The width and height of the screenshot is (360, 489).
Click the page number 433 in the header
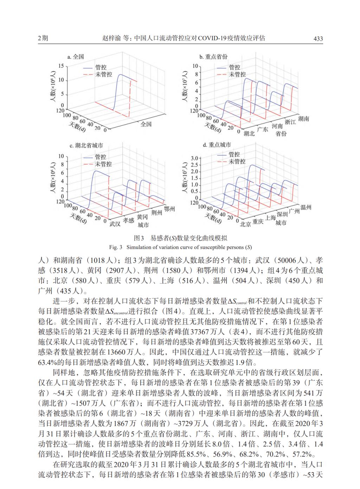(x=318, y=39)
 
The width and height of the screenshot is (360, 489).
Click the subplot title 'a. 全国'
(x=76, y=57)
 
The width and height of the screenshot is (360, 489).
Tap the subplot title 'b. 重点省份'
(x=213, y=57)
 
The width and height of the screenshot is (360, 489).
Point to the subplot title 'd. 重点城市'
(x=217, y=145)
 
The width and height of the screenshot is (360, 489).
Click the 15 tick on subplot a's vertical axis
(x=61, y=66)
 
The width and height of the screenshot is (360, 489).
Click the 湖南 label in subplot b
(x=303, y=119)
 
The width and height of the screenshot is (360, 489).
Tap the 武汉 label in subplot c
(x=115, y=224)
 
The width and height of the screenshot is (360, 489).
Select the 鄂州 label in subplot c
(x=169, y=209)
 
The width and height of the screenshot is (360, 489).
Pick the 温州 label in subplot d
(x=306, y=207)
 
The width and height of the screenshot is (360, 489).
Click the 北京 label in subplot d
(x=245, y=224)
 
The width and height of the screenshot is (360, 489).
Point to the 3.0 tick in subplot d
(x=194, y=158)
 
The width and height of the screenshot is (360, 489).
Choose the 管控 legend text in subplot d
(x=234, y=154)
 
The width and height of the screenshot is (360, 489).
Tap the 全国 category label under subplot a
(x=146, y=124)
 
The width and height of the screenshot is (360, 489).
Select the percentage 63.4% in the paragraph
(x=48, y=362)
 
